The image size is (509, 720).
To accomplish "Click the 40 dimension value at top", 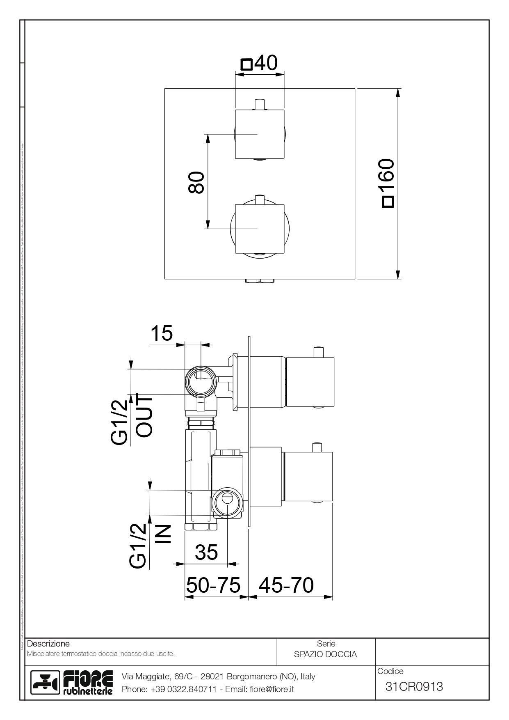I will (x=266, y=63).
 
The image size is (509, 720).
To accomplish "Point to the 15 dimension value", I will (x=162, y=334).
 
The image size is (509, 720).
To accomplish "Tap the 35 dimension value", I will (x=206, y=553).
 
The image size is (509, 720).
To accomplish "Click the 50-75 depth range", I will (x=213, y=585).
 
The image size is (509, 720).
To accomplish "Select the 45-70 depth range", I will (x=286, y=585).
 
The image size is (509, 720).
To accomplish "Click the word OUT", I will (x=144, y=417).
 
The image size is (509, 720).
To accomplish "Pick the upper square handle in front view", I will (x=259, y=134).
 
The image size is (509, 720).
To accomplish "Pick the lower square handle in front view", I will (x=259, y=229).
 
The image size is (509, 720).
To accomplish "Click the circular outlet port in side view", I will (x=200, y=380).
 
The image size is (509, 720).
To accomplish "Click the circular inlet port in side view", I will (x=226, y=503).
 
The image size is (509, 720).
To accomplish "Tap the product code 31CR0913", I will (x=414, y=686).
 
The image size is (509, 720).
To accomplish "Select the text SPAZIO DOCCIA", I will (x=325, y=654).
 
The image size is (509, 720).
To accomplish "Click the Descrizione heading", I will (x=48, y=644).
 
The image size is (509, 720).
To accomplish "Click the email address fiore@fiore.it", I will (x=272, y=689).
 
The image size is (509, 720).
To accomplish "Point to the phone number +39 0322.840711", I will (x=183, y=689).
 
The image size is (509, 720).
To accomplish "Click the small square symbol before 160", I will (x=387, y=202).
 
